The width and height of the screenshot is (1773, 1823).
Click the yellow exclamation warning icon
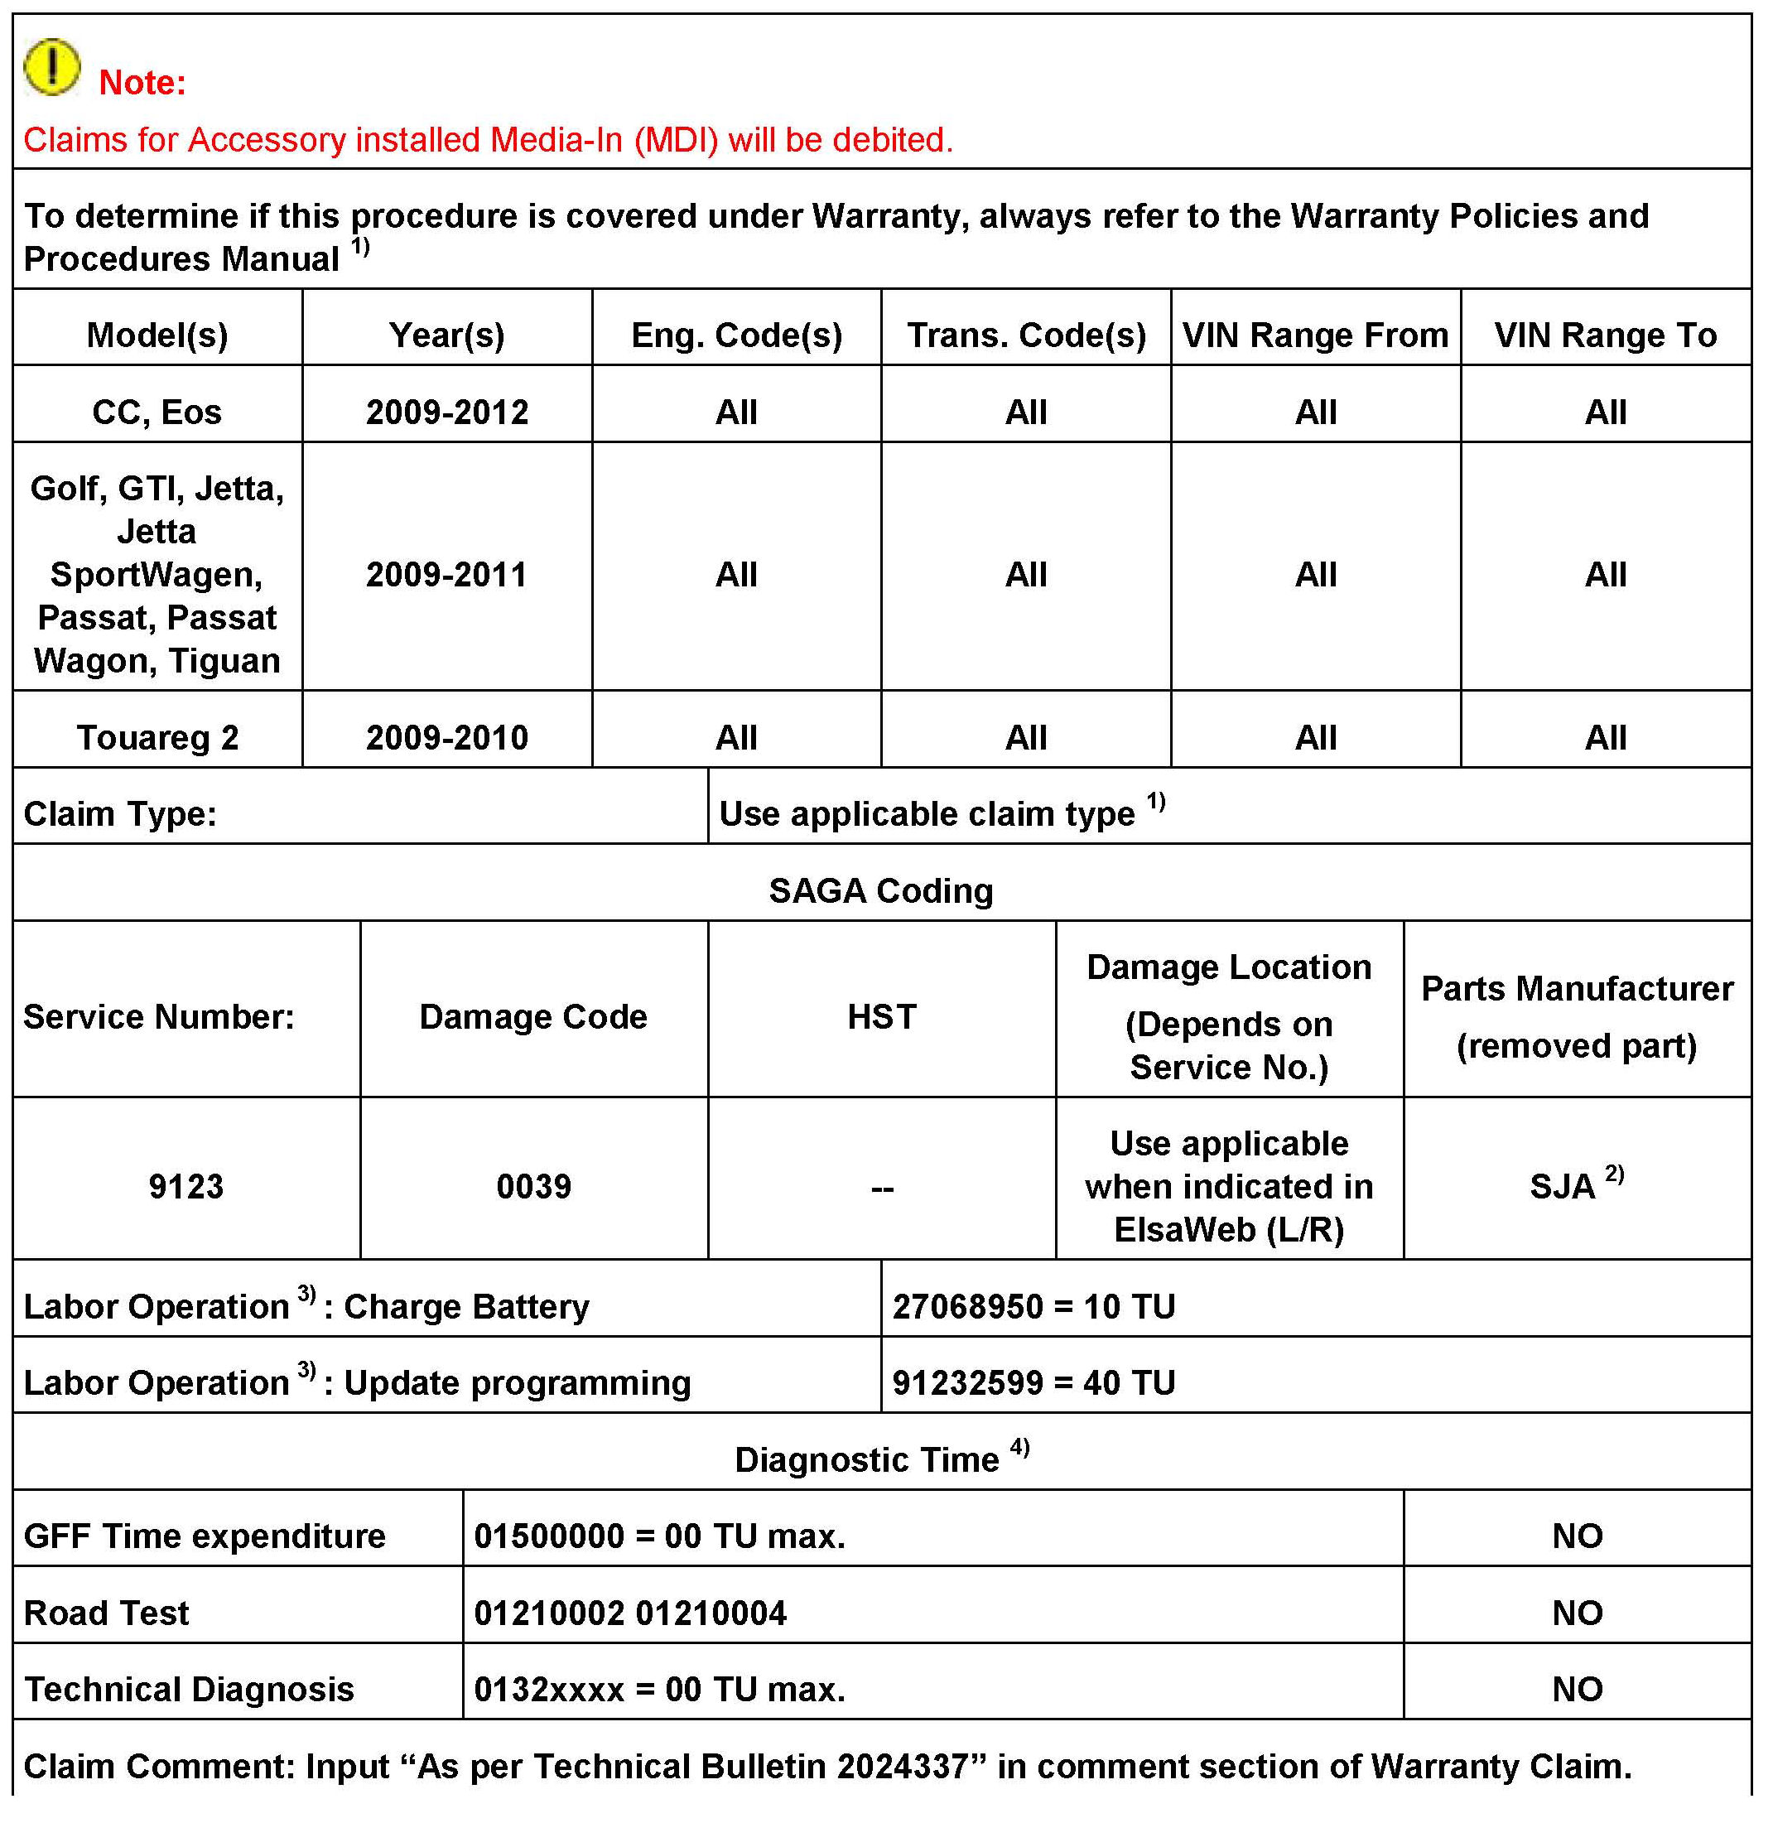[52, 67]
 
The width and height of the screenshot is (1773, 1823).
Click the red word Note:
[142, 83]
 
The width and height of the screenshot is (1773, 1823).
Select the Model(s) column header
[157, 335]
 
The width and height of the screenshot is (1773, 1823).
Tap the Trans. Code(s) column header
[1026, 335]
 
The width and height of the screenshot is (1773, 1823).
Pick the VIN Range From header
[1316, 335]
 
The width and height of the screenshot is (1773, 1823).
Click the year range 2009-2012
[447, 412]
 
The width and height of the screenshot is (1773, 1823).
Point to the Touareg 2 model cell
[157, 737]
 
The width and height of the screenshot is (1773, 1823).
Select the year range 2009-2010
[447, 737]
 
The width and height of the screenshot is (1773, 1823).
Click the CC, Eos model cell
[157, 412]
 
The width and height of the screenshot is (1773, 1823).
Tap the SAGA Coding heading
[881, 890]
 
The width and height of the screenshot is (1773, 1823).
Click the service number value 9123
[186, 1186]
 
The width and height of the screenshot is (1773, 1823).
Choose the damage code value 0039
[533, 1186]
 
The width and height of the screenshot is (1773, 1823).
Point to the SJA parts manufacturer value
[1564, 1186]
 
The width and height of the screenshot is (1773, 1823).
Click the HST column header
[881, 1015]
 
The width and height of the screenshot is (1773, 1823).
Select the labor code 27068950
[967, 1306]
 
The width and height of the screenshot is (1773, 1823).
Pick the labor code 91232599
[967, 1382]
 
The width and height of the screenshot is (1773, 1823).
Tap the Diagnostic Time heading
[867, 1459]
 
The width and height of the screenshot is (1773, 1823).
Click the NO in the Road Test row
[1578, 1613]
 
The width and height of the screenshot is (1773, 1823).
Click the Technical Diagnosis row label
[189, 1689]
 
